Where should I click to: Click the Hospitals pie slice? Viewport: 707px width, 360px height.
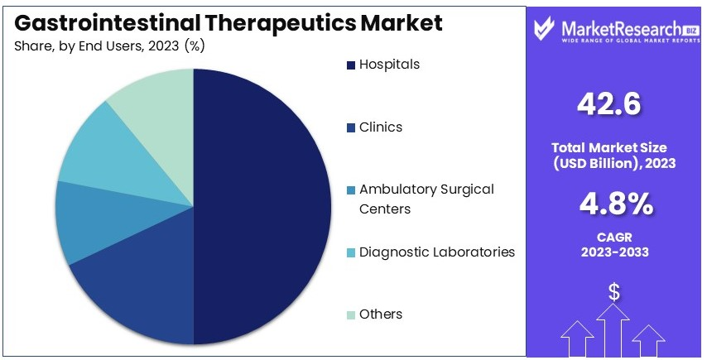(x=262, y=206)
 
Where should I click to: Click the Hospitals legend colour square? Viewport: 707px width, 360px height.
(x=351, y=65)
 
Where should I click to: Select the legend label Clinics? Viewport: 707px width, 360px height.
(x=381, y=127)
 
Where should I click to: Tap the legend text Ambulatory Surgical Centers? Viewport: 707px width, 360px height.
(x=426, y=199)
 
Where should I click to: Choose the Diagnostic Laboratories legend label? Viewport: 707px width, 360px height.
(x=437, y=252)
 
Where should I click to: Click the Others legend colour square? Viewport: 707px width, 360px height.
(x=351, y=315)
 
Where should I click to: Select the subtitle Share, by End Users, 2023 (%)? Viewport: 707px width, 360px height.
(x=109, y=46)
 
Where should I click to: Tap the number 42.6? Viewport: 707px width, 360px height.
(x=608, y=103)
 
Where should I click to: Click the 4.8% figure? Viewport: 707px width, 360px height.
(x=616, y=204)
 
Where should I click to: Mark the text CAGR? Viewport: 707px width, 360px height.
(x=614, y=237)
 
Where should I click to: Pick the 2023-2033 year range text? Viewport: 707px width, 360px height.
(x=614, y=252)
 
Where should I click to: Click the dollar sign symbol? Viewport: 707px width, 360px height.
(x=613, y=292)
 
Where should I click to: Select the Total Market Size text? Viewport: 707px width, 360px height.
(x=609, y=147)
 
